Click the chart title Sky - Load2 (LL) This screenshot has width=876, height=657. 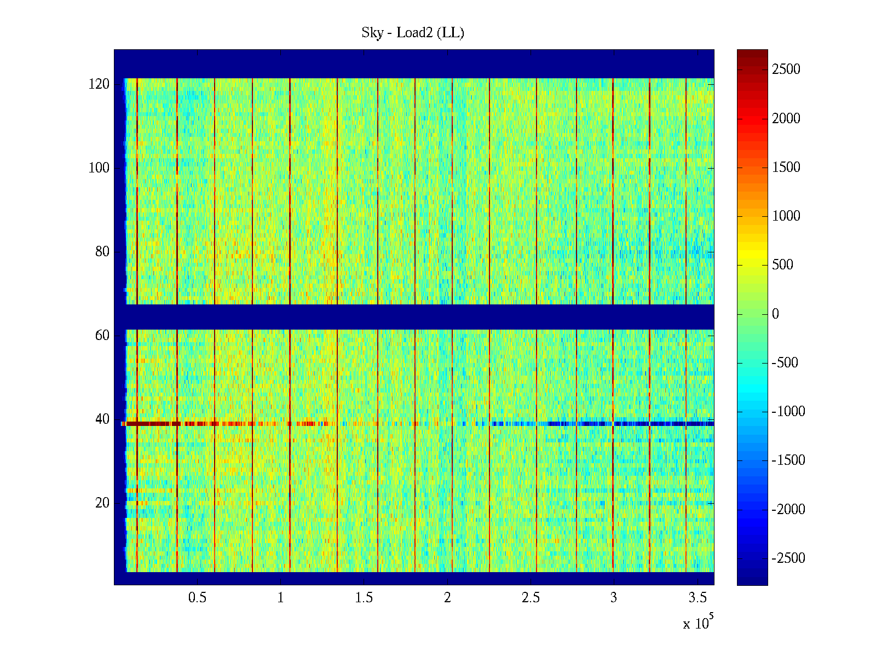pyautogui.click(x=413, y=33)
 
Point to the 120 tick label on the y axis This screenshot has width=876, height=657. pyautogui.click(x=99, y=84)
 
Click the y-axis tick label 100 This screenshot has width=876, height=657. pyautogui.click(x=99, y=168)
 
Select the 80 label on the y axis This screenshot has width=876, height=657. pyautogui.click(x=102, y=252)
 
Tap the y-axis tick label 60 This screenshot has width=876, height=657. pyautogui.click(x=102, y=336)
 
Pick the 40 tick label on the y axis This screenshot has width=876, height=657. pyautogui.click(x=102, y=419)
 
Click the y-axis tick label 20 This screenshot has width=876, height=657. pyautogui.click(x=102, y=503)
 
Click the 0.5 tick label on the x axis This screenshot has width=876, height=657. pyautogui.click(x=197, y=598)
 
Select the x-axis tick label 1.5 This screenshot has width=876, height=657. pyautogui.click(x=364, y=598)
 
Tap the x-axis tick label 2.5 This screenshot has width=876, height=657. pyautogui.click(x=531, y=598)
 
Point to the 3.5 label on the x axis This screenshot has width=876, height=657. pyautogui.click(x=697, y=598)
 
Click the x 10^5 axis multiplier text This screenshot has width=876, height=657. pyautogui.click(x=698, y=623)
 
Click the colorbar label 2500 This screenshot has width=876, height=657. pyautogui.click(x=786, y=70)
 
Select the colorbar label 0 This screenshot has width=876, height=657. pyautogui.click(x=775, y=314)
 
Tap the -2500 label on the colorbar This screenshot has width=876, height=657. pyautogui.click(x=788, y=558)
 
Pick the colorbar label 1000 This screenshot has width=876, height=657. pyautogui.click(x=786, y=216)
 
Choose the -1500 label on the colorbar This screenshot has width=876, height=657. pyautogui.click(x=788, y=460)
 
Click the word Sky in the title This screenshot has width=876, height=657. pyautogui.click(x=372, y=33)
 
